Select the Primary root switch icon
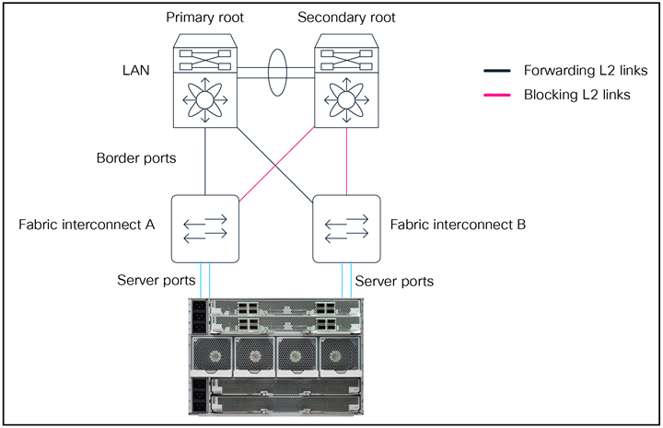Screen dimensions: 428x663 click(204, 80)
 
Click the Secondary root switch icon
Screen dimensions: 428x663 click(346, 80)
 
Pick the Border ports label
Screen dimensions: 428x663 click(135, 157)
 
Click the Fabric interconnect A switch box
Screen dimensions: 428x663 click(204, 226)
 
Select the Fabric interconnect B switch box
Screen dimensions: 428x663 click(346, 226)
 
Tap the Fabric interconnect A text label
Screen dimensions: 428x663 click(88, 225)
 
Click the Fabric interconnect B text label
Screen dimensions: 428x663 click(458, 225)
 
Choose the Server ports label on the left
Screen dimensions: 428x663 click(156, 280)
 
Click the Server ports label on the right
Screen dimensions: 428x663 click(393, 280)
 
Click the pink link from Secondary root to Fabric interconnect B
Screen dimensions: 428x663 click(346, 161)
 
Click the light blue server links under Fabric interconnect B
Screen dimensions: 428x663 click(346, 280)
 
